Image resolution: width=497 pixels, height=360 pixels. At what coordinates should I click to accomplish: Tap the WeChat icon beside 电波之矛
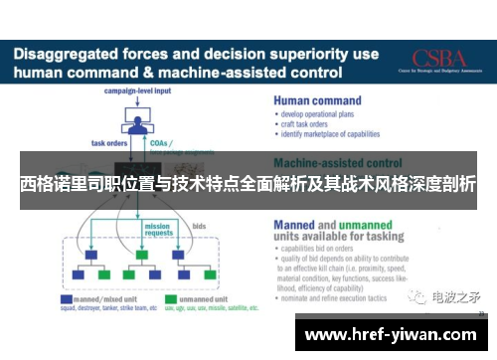click(420, 295)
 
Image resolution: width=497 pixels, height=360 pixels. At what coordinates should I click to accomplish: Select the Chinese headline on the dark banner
click(248, 185)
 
